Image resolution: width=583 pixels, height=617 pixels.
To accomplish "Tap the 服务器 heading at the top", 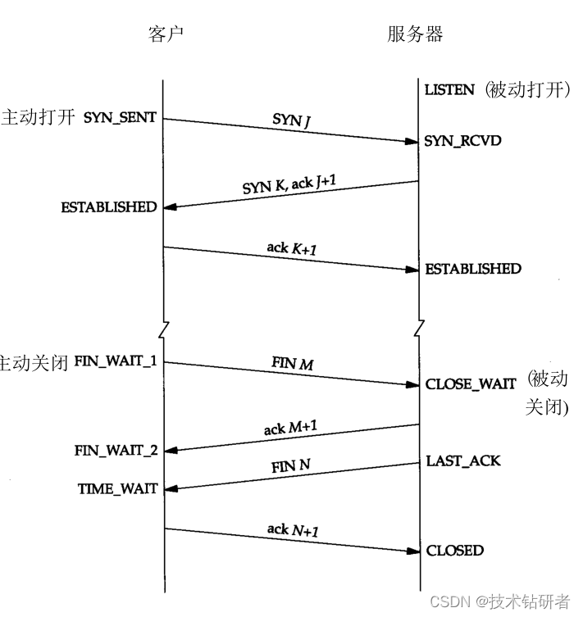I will click(x=416, y=34).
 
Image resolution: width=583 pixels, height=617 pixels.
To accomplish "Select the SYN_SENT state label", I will click(x=120, y=118).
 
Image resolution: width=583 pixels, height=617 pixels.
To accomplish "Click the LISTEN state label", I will click(x=449, y=90).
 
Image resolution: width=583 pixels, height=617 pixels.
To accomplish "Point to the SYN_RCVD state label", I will click(x=462, y=141).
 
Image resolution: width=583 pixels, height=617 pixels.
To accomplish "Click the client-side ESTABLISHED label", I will click(x=108, y=207).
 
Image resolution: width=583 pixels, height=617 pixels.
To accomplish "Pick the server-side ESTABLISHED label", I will click(x=472, y=269).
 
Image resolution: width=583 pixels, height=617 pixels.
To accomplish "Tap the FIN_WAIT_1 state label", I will click(x=116, y=361).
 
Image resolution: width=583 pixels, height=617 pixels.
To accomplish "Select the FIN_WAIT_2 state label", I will click(x=116, y=450).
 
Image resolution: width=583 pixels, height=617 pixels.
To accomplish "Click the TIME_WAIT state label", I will click(x=117, y=489).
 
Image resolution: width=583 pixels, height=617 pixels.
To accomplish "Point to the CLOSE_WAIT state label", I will click(x=471, y=383).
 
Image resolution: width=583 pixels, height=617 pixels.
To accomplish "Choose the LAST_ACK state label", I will click(x=462, y=461).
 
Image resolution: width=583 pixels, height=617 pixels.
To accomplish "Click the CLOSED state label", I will click(x=454, y=551).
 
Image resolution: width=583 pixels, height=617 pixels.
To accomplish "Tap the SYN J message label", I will click(x=291, y=120).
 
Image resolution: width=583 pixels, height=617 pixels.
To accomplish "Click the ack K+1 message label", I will click(x=292, y=247).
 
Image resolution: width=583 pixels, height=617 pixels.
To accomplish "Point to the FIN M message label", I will click(x=292, y=363).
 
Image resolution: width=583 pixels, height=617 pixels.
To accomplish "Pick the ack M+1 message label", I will click(x=291, y=428).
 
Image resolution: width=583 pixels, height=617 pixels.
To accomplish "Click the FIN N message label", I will click(x=290, y=466).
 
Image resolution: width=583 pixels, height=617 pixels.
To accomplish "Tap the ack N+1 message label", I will click(x=292, y=530).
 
